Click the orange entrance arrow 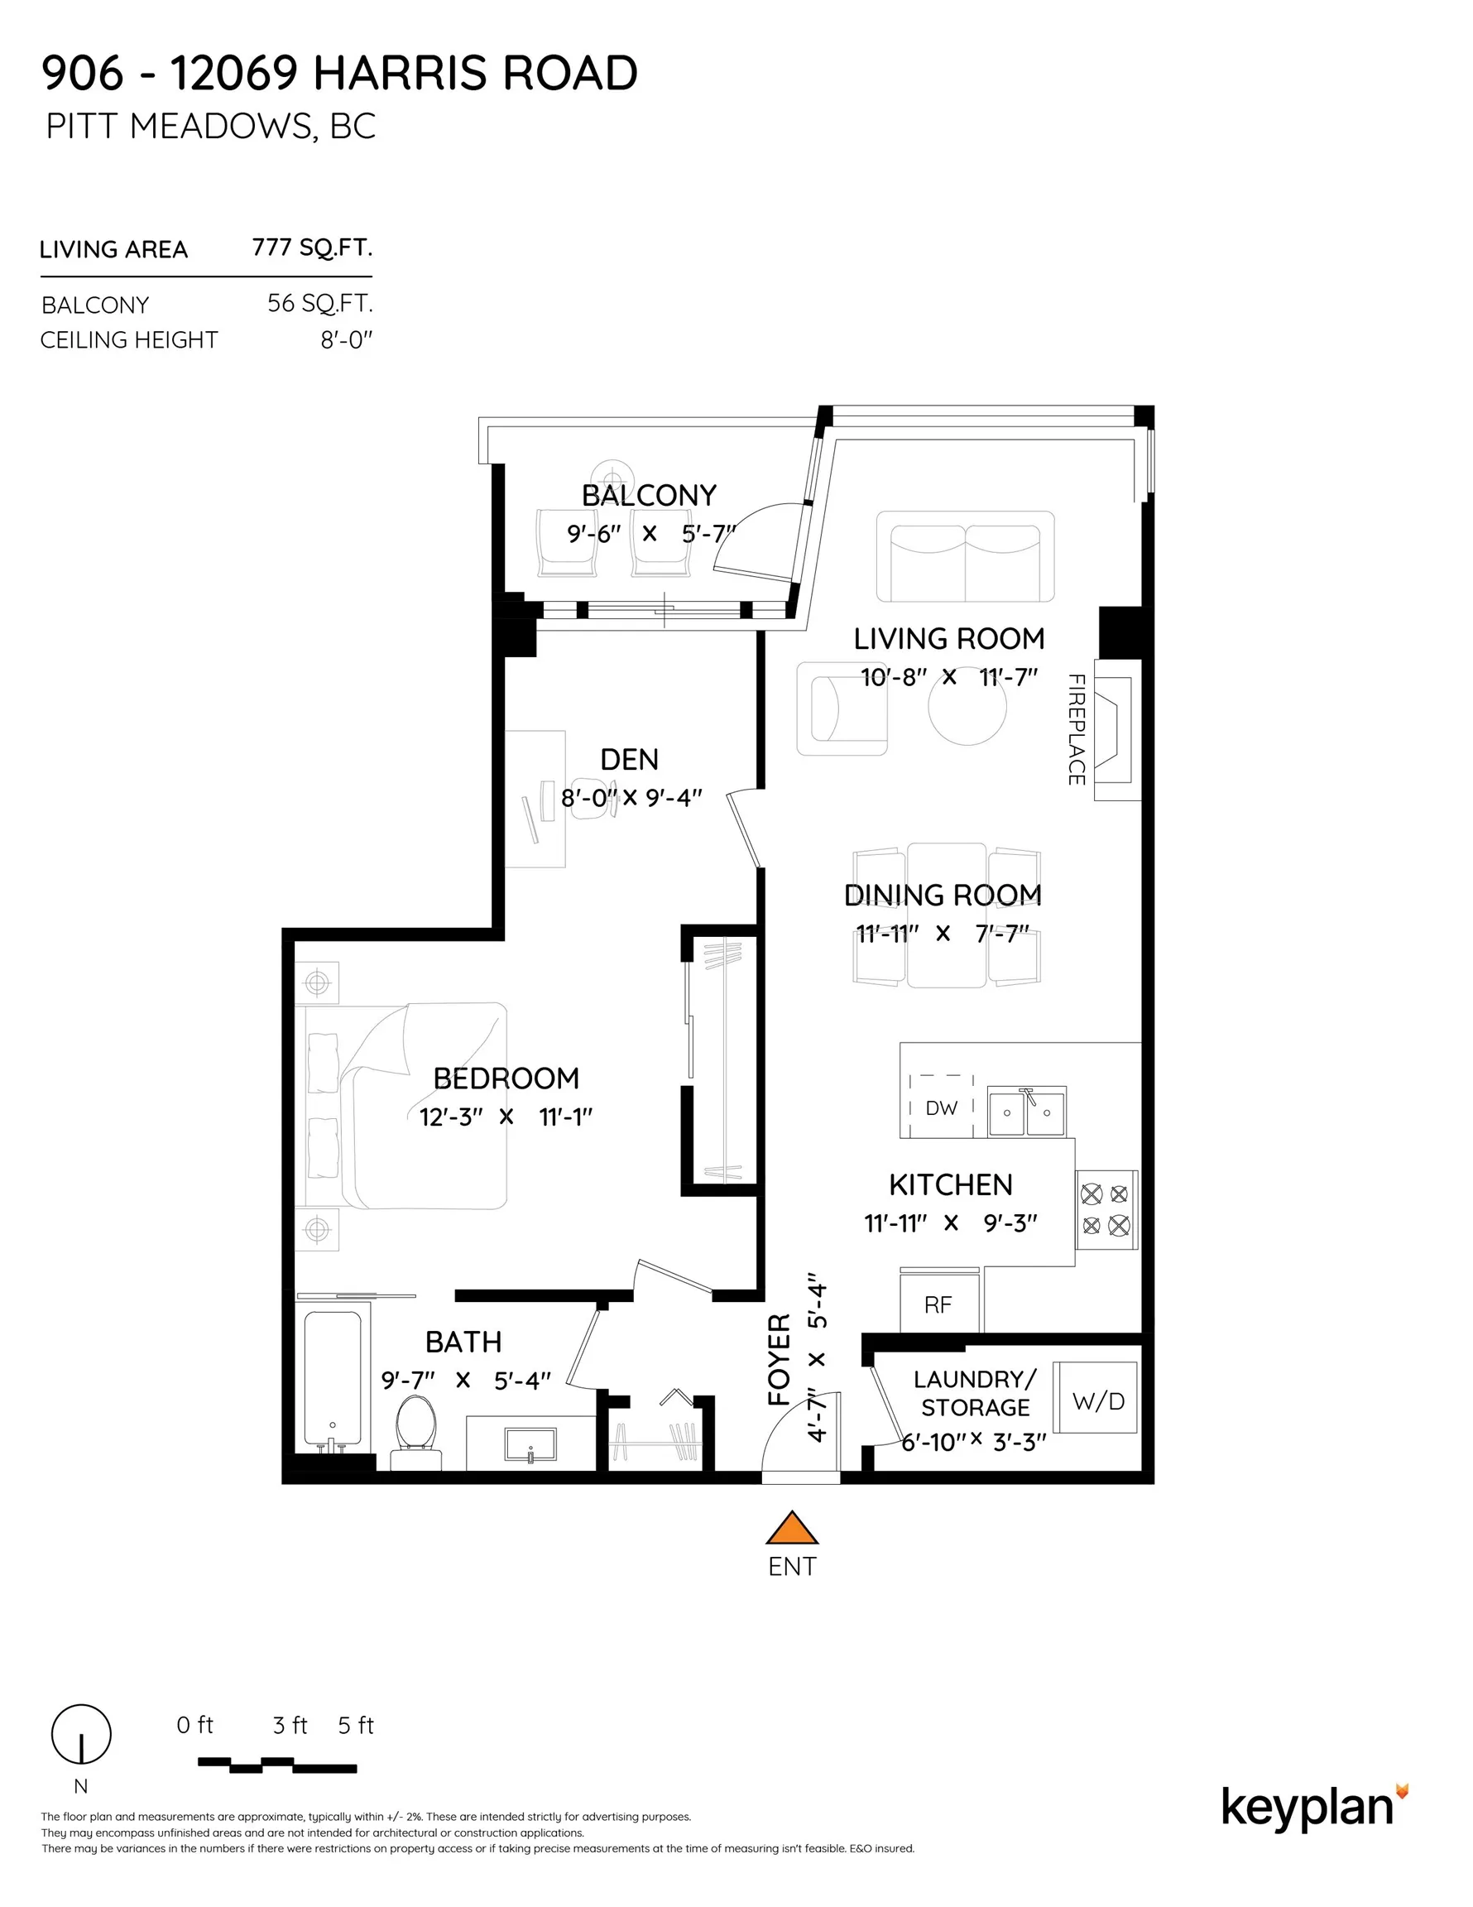tap(791, 1528)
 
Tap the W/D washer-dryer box tap(1097, 1400)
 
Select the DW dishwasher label tap(941, 1108)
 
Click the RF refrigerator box tap(938, 1304)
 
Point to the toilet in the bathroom tap(416, 1425)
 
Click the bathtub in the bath tap(333, 1378)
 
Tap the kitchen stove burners tap(1106, 1209)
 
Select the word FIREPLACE tap(1077, 729)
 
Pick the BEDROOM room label tap(506, 1078)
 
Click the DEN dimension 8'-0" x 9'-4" tap(631, 798)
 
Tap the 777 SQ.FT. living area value tap(312, 248)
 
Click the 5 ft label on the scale tap(355, 1726)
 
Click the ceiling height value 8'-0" tap(346, 339)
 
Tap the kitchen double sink tap(1026, 1112)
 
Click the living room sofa tap(965, 556)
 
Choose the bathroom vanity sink tap(530, 1444)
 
